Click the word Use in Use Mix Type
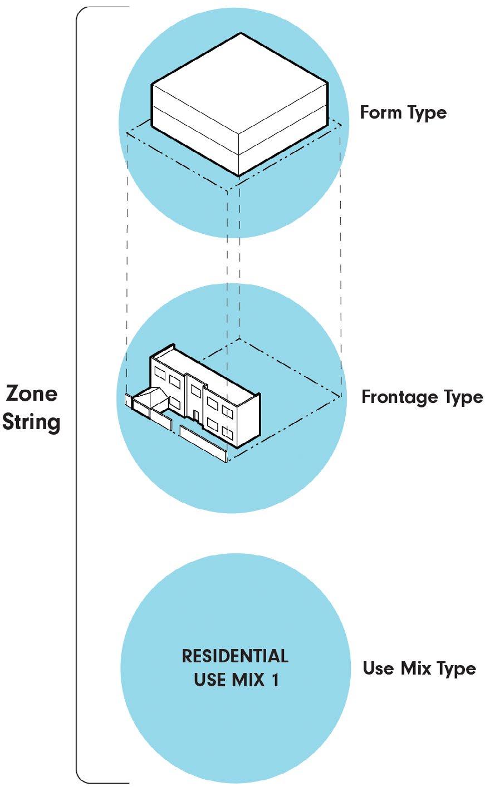tap(378, 668)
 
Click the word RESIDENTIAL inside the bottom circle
tap(235, 656)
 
